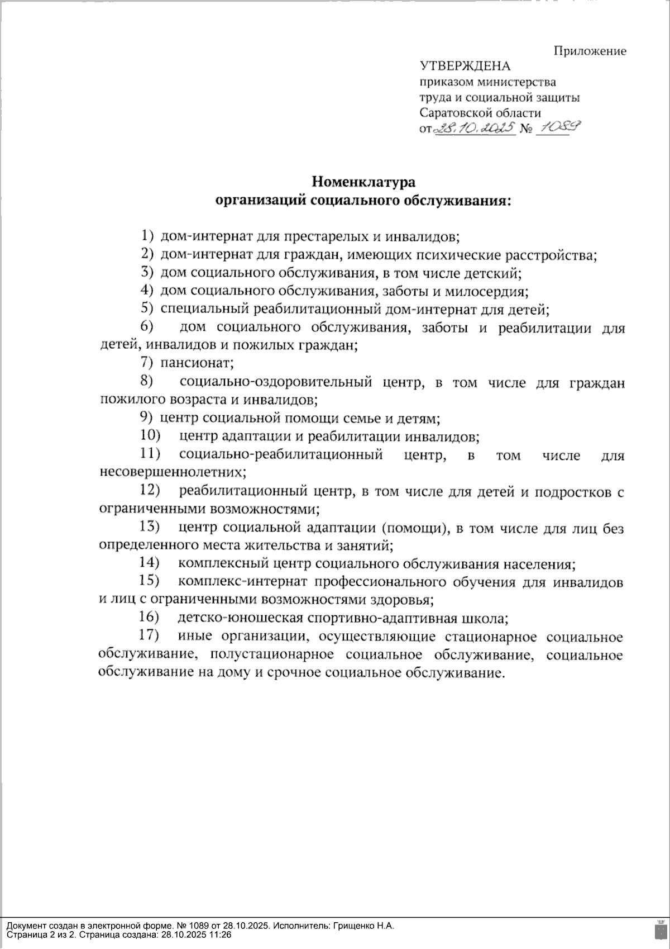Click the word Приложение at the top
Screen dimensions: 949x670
coord(590,51)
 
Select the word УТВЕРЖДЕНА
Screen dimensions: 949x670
coord(465,67)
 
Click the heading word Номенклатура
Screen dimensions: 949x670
coord(363,182)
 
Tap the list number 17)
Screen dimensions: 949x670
coord(149,635)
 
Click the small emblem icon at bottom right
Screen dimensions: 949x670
coord(659,930)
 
